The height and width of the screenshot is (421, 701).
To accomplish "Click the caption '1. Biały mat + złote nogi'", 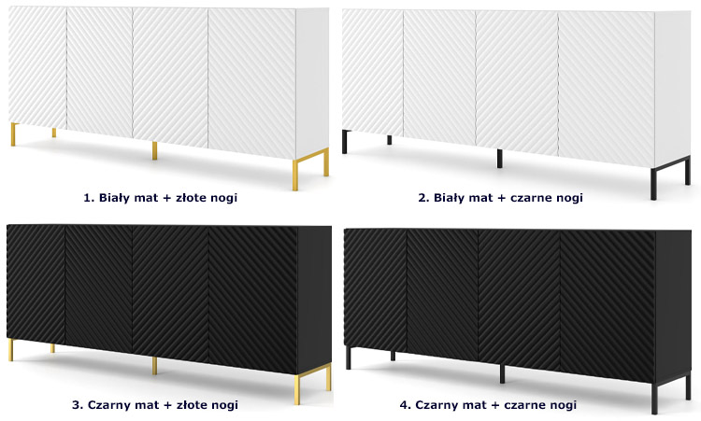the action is (160, 197).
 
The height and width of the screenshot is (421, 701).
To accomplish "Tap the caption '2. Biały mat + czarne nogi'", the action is (500, 197).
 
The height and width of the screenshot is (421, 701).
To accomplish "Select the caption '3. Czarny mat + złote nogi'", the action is (154, 405).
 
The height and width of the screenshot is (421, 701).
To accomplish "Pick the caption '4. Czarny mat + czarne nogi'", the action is (488, 405).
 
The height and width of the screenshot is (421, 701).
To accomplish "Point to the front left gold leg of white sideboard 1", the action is (13, 134).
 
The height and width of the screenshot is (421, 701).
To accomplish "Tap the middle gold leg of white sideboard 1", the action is (154, 150).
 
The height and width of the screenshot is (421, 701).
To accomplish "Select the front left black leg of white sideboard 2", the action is (345, 142).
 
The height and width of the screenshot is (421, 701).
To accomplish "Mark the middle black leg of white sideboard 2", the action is (499, 159).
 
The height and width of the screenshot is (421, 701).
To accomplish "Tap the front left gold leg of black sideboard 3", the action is (10, 350).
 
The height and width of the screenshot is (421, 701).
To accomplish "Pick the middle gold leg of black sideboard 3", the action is (154, 366).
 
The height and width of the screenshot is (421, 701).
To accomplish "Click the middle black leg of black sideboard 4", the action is (502, 373).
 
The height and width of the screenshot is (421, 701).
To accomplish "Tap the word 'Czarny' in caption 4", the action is (436, 405).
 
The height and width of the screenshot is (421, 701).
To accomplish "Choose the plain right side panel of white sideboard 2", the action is (673, 89).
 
